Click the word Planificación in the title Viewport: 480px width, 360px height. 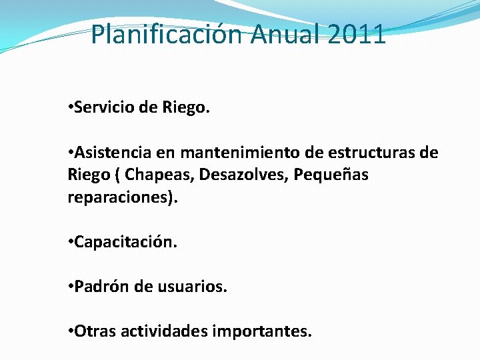coord(168,34)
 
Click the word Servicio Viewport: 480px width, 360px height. coord(104,107)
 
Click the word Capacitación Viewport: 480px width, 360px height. coord(126,242)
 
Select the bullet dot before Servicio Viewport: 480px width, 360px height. coord(71,108)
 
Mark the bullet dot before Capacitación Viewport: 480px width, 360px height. coord(71,243)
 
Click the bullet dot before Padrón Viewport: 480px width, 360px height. coord(71,287)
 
